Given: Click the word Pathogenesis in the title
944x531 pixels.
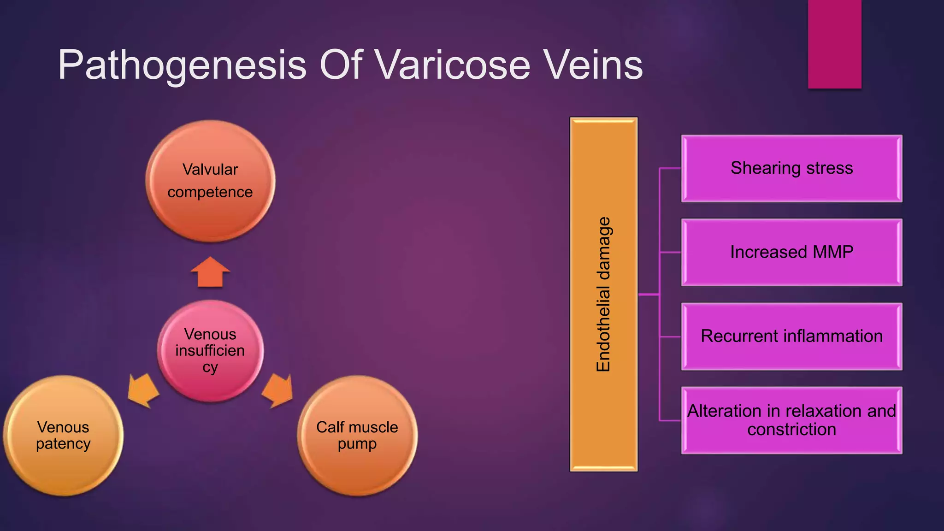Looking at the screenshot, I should [x=182, y=65].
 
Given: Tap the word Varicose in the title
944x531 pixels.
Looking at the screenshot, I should [x=452, y=65].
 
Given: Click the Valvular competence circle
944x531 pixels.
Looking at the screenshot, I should [x=210, y=181].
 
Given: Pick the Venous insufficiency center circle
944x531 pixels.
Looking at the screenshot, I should [x=210, y=351].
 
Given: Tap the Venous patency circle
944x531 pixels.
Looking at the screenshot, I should [x=63, y=436].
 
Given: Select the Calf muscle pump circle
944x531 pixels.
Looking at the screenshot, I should [x=357, y=436].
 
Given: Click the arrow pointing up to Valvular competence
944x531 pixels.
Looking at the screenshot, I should [x=210, y=272].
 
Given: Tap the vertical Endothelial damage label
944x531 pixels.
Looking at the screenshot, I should [x=603, y=294].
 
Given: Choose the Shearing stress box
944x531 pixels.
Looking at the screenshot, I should [x=791, y=168].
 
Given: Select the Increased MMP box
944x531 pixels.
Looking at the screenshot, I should [x=791, y=252].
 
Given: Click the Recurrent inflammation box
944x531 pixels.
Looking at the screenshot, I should [x=791, y=336].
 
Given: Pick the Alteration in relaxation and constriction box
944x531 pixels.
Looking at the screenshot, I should [x=791, y=420].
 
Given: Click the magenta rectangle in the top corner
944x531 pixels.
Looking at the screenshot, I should [x=834, y=44].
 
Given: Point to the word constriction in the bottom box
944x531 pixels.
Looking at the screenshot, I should [x=791, y=430].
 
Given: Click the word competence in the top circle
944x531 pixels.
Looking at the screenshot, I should [x=210, y=192].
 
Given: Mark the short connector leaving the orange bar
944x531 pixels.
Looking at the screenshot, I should [x=649, y=294].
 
